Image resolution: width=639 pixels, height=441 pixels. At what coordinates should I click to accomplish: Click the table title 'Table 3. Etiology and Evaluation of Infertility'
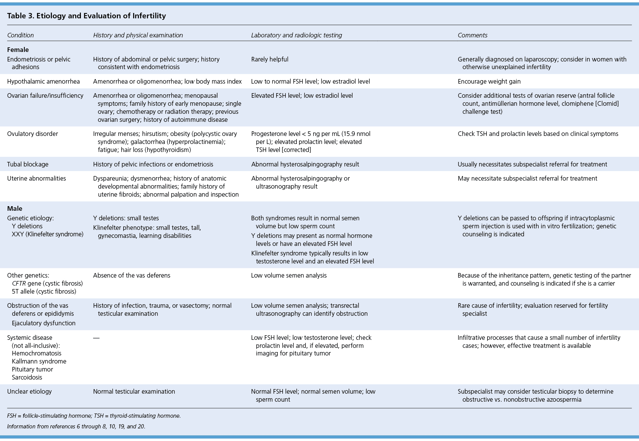pos(87,16)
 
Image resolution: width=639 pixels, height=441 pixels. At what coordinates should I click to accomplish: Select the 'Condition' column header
pos(21,35)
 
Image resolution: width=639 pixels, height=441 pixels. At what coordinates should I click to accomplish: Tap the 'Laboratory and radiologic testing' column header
pos(296,35)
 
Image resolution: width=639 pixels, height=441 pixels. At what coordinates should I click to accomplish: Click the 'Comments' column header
pos(472,35)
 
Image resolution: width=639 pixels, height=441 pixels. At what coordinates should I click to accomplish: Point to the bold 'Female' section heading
pos(18,50)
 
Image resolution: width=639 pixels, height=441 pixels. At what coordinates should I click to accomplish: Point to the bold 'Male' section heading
pos(15,208)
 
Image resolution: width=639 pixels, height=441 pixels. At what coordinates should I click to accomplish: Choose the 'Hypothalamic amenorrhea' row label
pos(43,81)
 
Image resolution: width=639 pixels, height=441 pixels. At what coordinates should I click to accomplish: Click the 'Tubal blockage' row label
pos(28,164)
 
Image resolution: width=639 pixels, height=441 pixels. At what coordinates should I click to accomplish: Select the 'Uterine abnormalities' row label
pos(37,178)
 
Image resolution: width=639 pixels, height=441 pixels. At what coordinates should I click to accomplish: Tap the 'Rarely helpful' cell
pos(270,59)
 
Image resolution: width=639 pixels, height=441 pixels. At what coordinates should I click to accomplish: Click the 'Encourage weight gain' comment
pos(489,81)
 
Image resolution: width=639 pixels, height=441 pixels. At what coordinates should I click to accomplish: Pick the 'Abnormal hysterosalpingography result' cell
pos(305,164)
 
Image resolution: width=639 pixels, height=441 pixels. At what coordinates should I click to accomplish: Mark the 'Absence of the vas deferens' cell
pos(132,275)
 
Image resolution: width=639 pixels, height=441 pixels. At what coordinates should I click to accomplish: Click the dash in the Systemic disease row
pos(96,338)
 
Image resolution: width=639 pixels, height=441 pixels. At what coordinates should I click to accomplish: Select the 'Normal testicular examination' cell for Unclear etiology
pos(134,391)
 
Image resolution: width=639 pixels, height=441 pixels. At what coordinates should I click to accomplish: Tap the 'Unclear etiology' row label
pos(29,391)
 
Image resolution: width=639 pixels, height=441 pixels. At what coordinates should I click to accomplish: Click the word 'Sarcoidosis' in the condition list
pos(27,377)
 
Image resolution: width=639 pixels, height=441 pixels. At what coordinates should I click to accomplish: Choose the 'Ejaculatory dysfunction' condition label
pos(43,323)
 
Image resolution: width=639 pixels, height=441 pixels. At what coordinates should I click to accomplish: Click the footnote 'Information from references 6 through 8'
pos(76,426)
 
